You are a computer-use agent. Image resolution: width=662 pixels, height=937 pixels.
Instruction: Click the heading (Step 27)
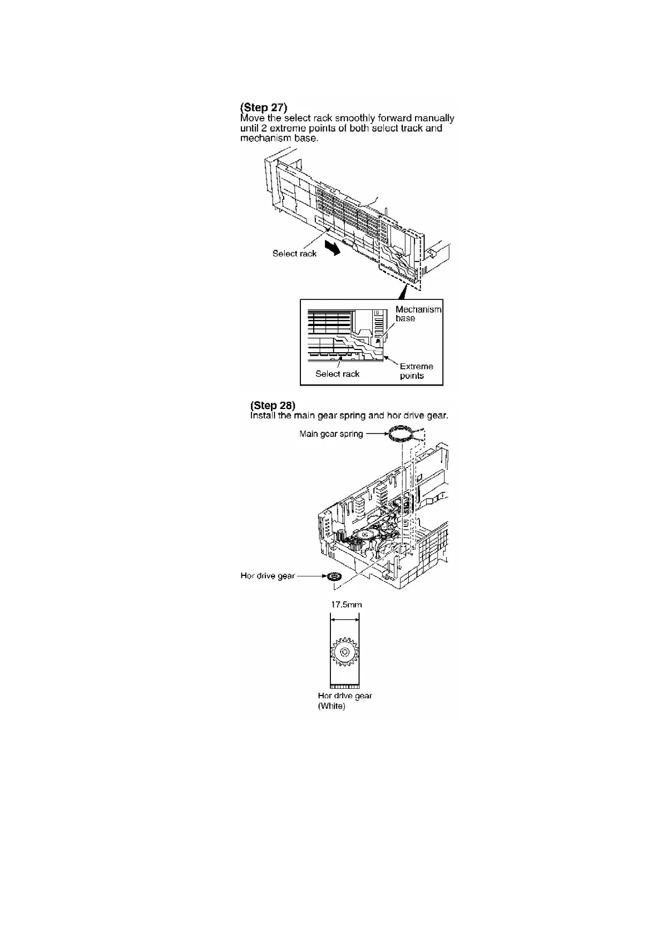[x=263, y=107]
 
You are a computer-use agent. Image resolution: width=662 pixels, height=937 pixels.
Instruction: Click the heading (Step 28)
[x=273, y=405]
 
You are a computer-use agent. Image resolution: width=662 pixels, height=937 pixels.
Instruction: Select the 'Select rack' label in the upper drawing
[x=294, y=254]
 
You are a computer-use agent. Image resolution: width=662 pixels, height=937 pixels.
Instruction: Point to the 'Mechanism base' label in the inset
[x=418, y=313]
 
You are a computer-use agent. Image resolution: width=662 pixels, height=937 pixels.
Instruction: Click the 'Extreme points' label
[x=416, y=371]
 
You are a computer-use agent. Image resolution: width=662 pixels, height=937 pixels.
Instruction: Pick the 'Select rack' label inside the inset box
[x=337, y=374]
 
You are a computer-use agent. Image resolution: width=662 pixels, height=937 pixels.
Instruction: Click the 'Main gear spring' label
[x=331, y=434]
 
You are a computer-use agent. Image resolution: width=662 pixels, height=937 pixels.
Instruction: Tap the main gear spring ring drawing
[x=401, y=432]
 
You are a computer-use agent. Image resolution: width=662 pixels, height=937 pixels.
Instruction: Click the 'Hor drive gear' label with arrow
[x=268, y=576]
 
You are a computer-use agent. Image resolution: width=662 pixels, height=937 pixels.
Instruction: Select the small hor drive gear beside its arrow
[x=334, y=577]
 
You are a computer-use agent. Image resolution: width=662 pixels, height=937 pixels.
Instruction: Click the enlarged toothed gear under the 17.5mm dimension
[x=344, y=652]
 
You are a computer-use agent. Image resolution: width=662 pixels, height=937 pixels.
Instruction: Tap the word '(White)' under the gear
[x=332, y=706]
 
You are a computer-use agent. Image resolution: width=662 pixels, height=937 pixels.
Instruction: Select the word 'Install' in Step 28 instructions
[x=263, y=416]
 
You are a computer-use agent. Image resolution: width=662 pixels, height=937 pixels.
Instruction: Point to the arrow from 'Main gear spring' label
[x=376, y=433]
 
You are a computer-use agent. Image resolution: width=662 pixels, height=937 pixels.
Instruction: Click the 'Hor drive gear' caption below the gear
[x=345, y=696]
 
